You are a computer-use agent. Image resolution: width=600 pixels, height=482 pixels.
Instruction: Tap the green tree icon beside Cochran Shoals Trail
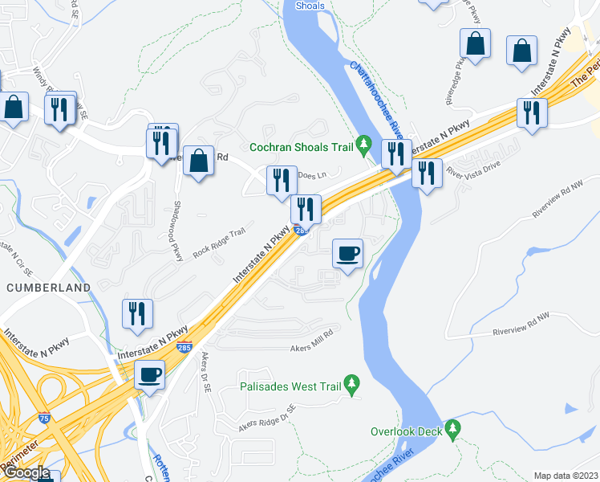364,145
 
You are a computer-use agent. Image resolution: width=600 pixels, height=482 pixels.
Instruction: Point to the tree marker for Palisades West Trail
351,384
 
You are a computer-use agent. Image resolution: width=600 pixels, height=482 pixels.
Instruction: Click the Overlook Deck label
406,431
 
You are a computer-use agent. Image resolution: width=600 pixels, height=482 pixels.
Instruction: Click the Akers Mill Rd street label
310,347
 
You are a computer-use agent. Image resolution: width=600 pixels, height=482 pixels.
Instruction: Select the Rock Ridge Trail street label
218,245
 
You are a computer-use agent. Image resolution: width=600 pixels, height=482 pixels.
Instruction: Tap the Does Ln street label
312,174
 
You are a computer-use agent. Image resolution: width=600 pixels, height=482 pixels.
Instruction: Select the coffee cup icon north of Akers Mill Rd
348,255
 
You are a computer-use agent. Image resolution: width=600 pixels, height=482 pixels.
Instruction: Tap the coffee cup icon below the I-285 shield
149,374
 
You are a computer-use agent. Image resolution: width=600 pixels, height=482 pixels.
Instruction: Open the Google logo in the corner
26,473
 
